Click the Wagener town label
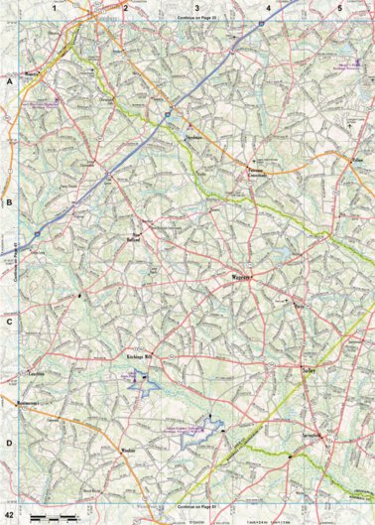pos(243,279)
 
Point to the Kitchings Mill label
pos(142,355)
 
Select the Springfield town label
pos(314,438)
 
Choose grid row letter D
pos(8,444)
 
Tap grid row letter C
pos(8,323)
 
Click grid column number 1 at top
pos(55,7)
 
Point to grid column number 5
pos(339,7)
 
